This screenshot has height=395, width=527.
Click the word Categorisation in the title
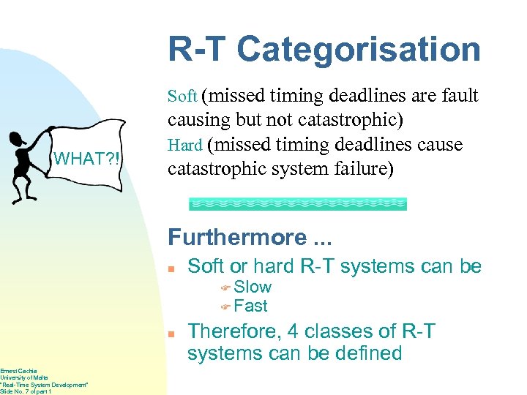coord(359,50)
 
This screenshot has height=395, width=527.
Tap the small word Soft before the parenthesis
coord(182,97)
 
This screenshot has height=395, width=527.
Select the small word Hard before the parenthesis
coord(184,146)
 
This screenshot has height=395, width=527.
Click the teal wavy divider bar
coord(298,204)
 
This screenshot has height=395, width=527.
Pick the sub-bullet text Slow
coord(253,287)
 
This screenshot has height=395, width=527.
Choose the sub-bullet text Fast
coord(251,306)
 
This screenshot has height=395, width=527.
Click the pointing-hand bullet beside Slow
coord(226,287)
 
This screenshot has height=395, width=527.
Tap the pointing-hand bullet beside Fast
coord(226,306)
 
